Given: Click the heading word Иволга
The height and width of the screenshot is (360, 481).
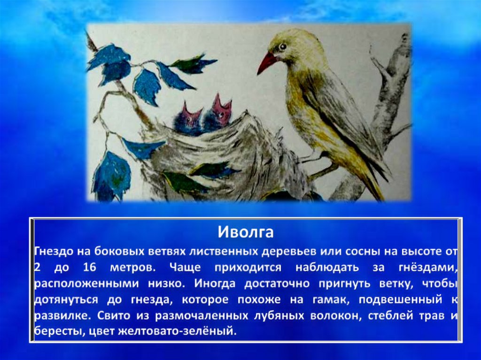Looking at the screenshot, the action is pyautogui.click(x=245, y=232).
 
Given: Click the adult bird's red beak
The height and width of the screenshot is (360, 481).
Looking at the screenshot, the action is pyautogui.click(x=266, y=62).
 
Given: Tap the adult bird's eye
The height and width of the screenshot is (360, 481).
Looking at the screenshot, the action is pyautogui.click(x=282, y=46).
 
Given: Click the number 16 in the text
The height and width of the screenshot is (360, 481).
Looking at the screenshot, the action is pyautogui.click(x=90, y=268).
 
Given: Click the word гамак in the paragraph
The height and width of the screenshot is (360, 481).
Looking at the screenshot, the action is pyautogui.click(x=331, y=299).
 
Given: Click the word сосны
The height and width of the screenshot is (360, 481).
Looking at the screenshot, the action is pyautogui.click(x=361, y=252).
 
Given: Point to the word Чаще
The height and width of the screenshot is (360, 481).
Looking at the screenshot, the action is pyautogui.click(x=185, y=268).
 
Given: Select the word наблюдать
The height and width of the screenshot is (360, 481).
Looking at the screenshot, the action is pyautogui.click(x=327, y=268).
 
